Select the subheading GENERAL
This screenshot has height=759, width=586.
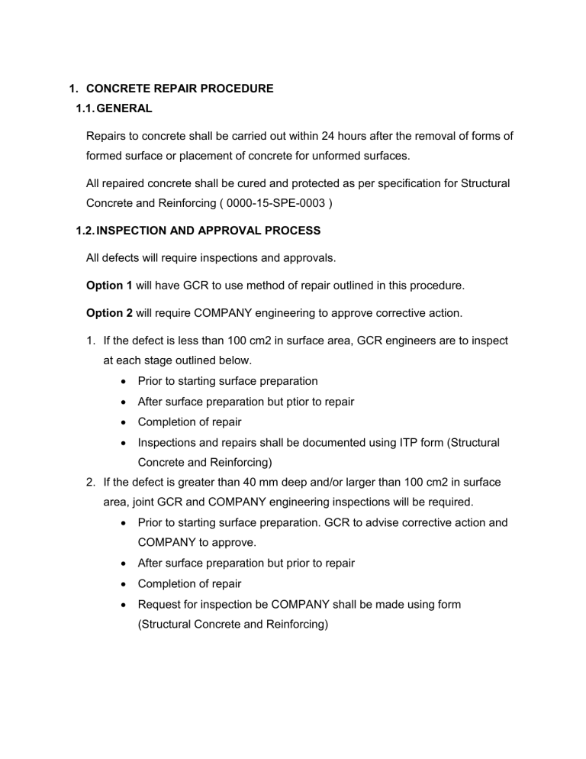(x=124, y=109)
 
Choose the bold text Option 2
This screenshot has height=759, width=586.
(x=112, y=312)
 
